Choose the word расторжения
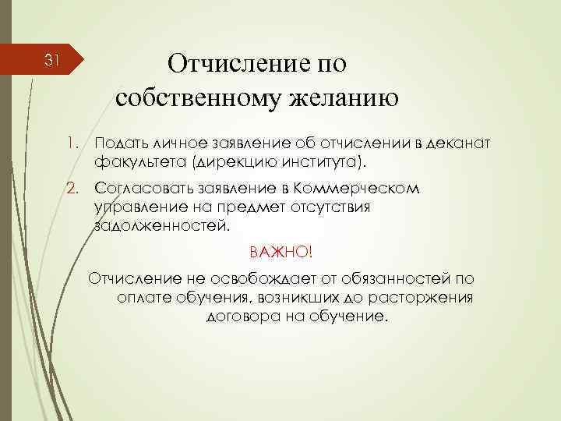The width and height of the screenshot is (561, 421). click(432, 299)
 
